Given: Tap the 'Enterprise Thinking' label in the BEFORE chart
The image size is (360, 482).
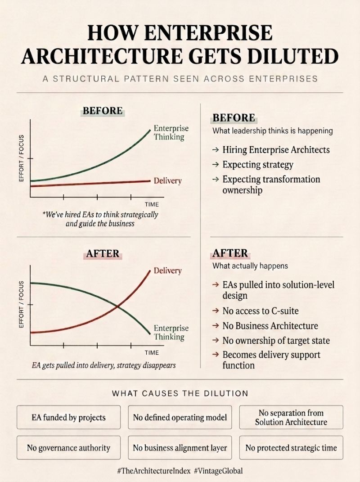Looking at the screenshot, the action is (171, 132).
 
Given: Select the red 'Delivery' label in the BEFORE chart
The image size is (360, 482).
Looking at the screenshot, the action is (167, 180).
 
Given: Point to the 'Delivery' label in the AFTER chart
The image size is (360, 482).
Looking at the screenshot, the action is (167, 270).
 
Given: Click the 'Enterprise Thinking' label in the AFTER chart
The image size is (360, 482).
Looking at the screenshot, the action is (171, 332).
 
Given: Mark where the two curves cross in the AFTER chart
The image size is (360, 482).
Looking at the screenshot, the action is (117, 306).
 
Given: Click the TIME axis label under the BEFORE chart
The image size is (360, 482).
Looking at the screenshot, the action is (152, 204).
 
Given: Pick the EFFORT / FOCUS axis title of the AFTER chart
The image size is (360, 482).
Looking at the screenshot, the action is (21, 304).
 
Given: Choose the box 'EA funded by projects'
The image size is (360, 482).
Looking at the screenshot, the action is (68, 417).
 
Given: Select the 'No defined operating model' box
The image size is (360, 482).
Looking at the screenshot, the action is (180, 417).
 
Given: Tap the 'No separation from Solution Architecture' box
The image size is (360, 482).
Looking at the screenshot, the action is (291, 417).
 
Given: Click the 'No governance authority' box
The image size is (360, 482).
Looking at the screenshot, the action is (68, 447).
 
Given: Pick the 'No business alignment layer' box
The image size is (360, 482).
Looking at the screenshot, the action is (180, 447).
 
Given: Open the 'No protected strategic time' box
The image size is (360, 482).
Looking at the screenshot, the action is (291, 447).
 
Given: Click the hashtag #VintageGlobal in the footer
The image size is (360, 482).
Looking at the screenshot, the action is (219, 471).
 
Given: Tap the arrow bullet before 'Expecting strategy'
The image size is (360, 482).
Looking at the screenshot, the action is (216, 165).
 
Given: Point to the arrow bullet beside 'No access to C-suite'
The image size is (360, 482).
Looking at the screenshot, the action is (216, 311).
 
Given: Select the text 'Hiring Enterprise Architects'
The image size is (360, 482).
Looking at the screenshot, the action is (276, 150).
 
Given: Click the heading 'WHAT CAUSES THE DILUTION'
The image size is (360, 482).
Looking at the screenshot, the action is (180, 393).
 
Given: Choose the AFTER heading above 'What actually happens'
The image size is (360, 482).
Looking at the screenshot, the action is (230, 253).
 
